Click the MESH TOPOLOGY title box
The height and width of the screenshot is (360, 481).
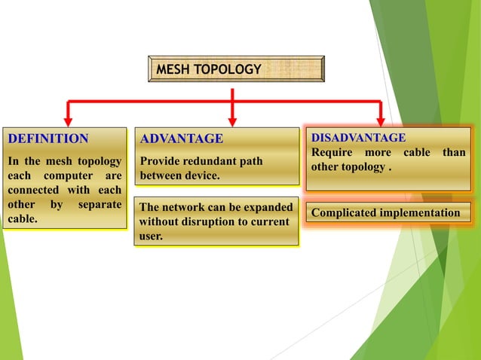[x=236, y=69]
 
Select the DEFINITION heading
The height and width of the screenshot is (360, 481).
[x=48, y=139]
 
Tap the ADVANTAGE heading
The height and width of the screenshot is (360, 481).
[x=182, y=139]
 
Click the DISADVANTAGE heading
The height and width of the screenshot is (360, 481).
[x=358, y=137]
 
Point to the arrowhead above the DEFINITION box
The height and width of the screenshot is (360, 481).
[x=68, y=120]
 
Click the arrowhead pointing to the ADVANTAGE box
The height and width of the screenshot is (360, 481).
[x=232, y=120]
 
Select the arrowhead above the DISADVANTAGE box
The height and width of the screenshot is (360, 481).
[x=380, y=120]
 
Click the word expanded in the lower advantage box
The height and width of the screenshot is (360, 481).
[x=265, y=206]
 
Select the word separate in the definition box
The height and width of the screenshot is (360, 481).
[x=100, y=204]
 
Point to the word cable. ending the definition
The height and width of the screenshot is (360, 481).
[x=23, y=219]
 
